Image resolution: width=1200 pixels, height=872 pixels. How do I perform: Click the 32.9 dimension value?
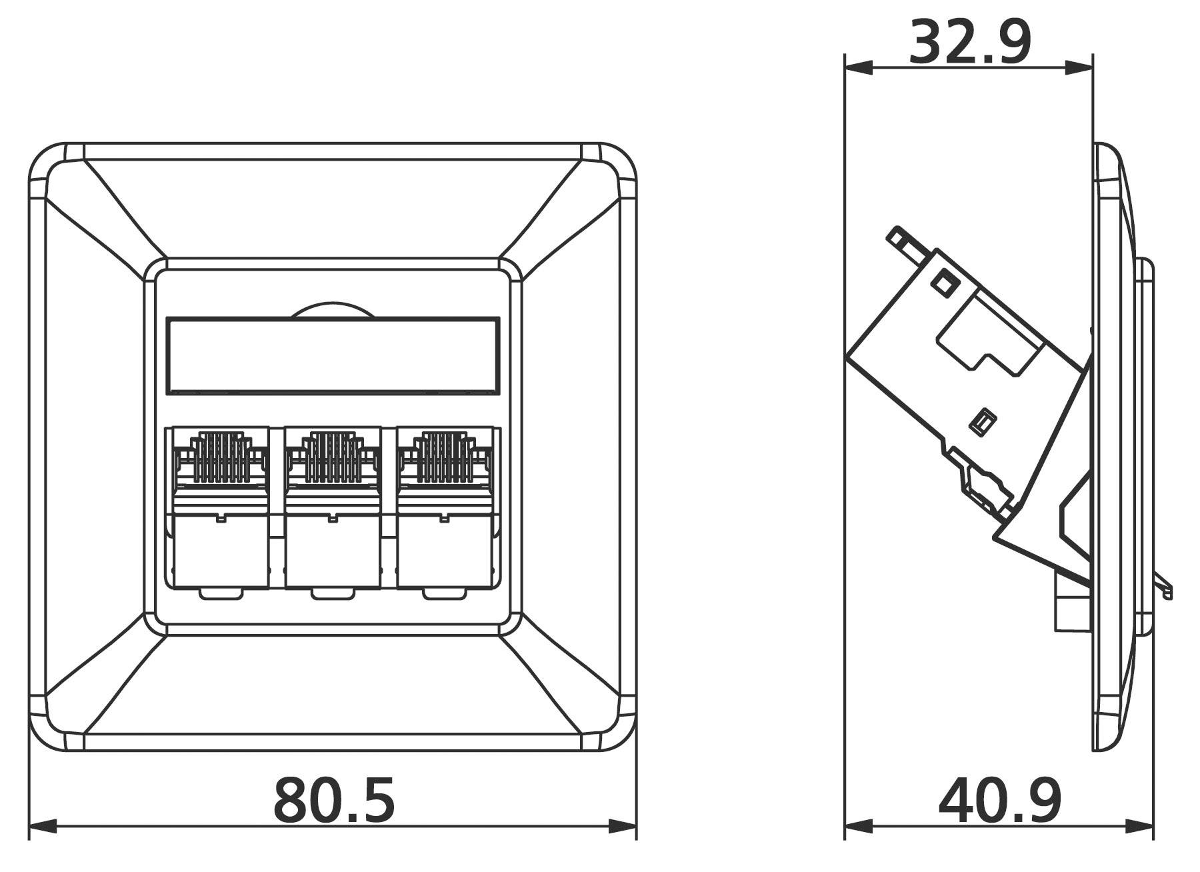pos(970,42)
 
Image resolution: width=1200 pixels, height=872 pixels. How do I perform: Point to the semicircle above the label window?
pos(331,311)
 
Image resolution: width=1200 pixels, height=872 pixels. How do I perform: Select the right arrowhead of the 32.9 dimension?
pos(1080,67)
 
